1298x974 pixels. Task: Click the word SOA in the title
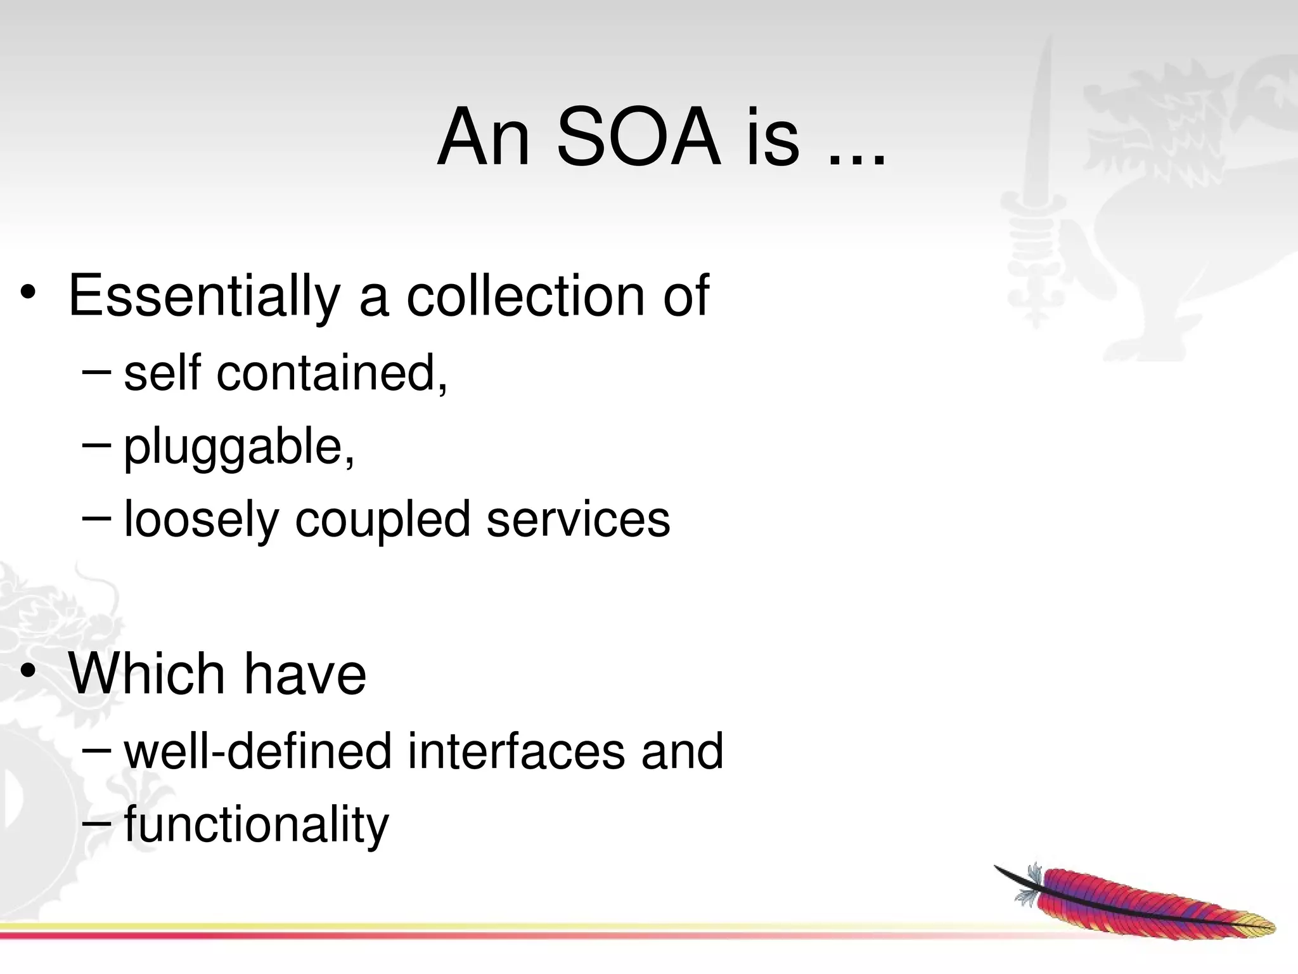pos(639,138)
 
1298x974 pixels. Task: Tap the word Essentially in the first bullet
pos(204,297)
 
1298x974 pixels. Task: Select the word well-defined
pos(257,751)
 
